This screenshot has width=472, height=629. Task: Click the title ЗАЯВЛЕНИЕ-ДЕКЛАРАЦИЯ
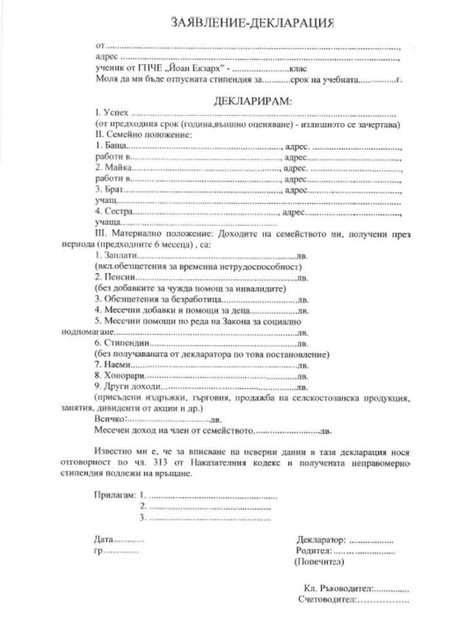[253, 23]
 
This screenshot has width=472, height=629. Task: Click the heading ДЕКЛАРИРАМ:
[253, 101]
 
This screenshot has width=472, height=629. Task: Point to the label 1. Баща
[111, 148]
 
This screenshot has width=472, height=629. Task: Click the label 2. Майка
[113, 168]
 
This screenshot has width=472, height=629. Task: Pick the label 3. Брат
[110, 190]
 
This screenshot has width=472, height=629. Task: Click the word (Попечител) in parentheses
[319, 561]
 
